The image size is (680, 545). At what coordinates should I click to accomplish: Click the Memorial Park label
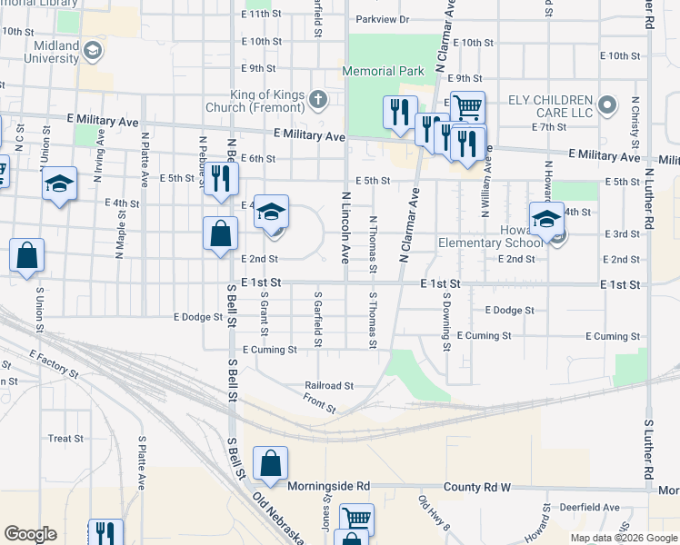383,71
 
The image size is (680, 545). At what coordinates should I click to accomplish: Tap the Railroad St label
328,385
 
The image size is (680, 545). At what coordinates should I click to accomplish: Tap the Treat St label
65,438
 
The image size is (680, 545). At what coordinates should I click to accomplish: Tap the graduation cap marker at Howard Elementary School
546,218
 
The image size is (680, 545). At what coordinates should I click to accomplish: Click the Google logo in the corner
30,534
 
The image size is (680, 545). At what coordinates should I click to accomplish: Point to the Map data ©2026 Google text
623,538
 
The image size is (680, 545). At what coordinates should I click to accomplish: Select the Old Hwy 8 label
435,512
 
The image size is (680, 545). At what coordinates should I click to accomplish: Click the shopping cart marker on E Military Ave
467,106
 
